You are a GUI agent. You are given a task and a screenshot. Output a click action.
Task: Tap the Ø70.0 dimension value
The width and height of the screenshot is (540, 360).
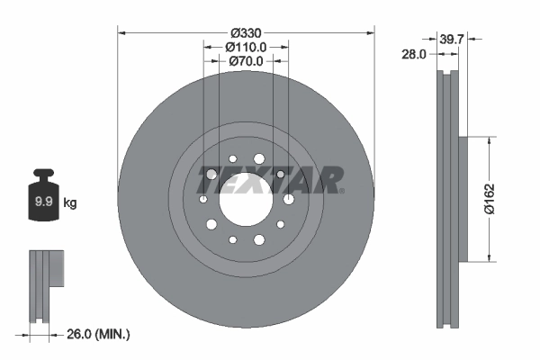point(246,62)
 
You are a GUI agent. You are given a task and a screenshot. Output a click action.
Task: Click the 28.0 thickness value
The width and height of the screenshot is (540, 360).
point(415,55)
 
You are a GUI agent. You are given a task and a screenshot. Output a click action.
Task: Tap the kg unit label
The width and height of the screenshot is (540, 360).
point(70,202)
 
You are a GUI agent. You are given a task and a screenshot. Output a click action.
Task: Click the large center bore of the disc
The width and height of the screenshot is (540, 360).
point(246,199)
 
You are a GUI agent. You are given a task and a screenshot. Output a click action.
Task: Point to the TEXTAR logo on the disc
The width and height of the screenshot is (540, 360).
point(271,179)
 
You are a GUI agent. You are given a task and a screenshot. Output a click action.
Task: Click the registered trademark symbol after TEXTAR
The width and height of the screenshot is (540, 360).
point(343,191)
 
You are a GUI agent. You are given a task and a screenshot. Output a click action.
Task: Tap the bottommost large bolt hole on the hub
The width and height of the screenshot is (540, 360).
point(259,238)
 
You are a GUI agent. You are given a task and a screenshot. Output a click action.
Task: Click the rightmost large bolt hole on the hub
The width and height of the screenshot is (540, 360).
point(288,199)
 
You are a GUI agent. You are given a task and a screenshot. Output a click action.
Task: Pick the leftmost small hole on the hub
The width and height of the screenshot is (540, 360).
point(203,199)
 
